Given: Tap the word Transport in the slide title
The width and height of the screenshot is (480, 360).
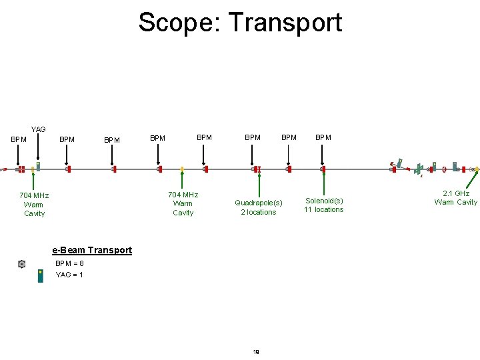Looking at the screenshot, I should pos(286,22).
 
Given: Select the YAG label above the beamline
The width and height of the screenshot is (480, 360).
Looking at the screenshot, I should pos(39,129).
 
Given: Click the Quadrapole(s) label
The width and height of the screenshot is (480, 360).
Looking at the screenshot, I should pos(258,203).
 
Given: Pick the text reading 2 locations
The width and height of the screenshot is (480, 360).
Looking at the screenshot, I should pos(258,213).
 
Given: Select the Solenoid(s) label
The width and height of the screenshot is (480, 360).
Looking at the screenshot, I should pos(324,200).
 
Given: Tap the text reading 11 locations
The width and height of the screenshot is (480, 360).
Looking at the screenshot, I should pos(324,210).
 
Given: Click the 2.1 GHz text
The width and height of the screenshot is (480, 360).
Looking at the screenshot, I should pos(457,193).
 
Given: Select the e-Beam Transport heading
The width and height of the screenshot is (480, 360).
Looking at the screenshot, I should pos(92,250).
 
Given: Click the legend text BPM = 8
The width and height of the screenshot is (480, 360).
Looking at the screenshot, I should pos(70,263).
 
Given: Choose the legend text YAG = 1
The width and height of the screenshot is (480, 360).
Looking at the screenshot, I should pos(69,275).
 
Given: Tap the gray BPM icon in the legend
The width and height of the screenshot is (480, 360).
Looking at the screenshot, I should pos(22,264).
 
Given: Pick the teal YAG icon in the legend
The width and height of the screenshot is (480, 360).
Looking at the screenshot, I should pos(41,275).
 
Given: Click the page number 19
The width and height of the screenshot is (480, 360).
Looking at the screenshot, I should pos(257,351).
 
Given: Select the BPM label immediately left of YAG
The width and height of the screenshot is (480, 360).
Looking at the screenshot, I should pos(19,139).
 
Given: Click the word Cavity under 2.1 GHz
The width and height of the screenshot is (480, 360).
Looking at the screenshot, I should pos(467,203).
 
